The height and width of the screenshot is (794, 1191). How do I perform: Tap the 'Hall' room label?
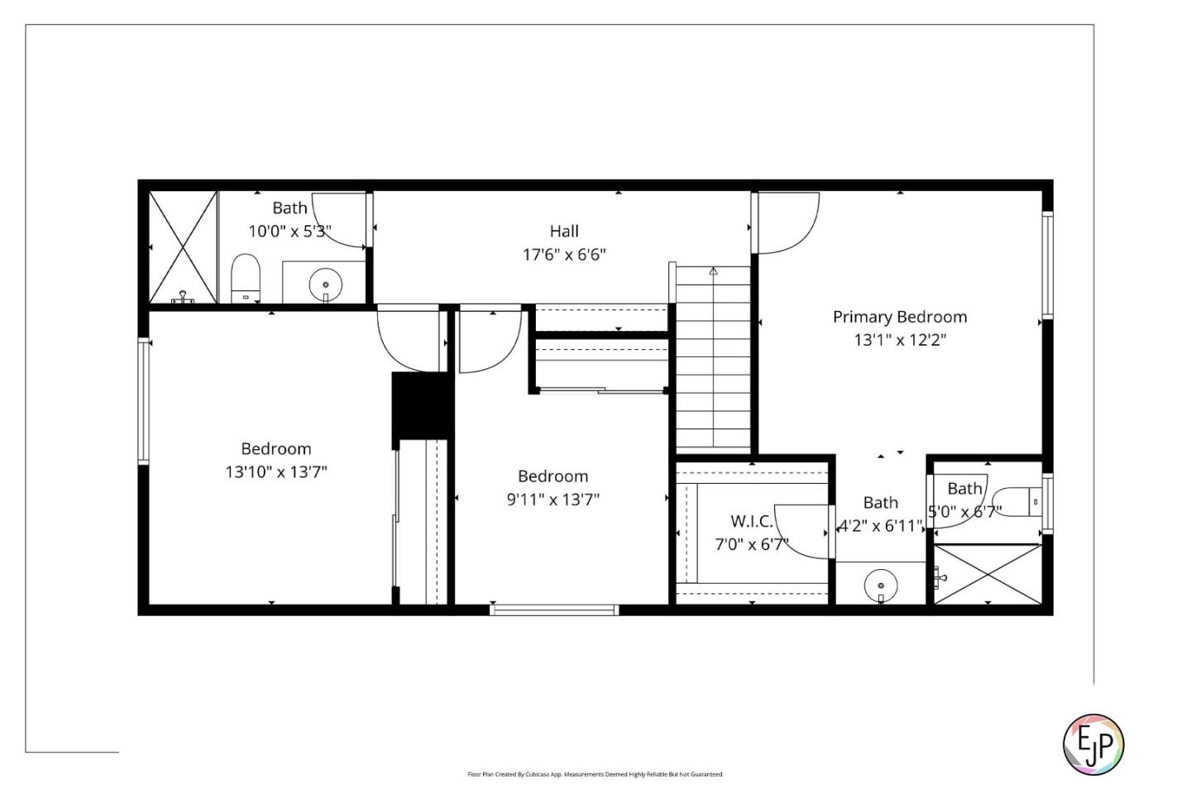click(x=564, y=232)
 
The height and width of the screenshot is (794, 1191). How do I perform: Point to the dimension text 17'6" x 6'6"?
click(x=564, y=255)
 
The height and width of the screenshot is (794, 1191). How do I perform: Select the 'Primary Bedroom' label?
click(x=899, y=317)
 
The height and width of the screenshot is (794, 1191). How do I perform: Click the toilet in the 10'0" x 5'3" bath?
click(x=245, y=278)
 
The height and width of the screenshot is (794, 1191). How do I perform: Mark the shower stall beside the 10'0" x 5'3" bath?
click(x=183, y=247)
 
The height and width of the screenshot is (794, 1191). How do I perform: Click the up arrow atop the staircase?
click(x=713, y=270)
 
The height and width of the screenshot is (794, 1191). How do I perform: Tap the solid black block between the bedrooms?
click(x=422, y=404)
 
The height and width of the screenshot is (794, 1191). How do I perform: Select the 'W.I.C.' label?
click(x=751, y=522)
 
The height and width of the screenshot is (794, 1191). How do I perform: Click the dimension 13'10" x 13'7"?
click(x=276, y=472)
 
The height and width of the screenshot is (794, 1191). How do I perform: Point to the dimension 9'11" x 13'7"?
click(x=552, y=500)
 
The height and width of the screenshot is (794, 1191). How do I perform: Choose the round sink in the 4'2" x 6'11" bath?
click(x=880, y=586)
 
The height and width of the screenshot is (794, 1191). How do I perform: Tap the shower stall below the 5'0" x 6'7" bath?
click(x=988, y=574)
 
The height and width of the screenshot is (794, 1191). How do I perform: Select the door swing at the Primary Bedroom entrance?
click(x=786, y=222)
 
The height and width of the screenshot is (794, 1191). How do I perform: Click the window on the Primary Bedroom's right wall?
click(x=1047, y=265)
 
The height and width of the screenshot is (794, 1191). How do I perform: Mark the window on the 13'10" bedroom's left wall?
click(x=144, y=401)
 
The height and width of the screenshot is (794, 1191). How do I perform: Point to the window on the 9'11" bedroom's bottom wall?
click(x=554, y=610)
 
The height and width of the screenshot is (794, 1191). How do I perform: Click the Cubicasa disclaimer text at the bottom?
click(x=595, y=775)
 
